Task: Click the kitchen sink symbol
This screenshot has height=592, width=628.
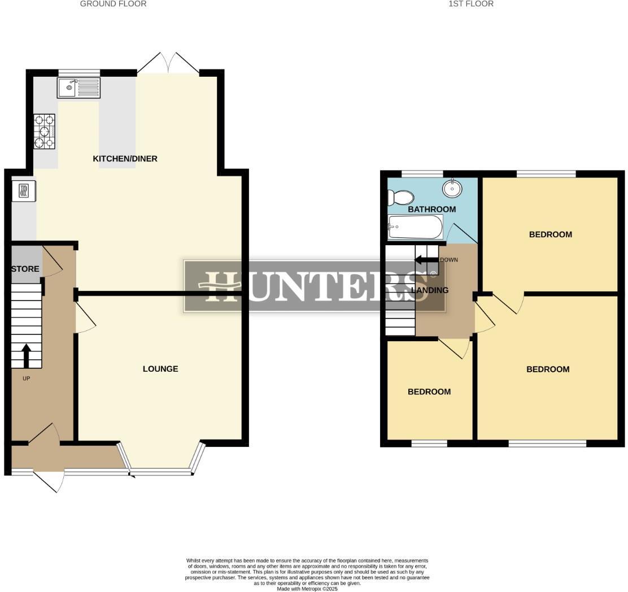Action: pyautogui.click(x=78, y=88)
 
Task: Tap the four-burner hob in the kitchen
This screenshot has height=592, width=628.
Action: pyautogui.click(x=45, y=131)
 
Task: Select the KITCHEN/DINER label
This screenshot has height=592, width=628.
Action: pyautogui.click(x=125, y=159)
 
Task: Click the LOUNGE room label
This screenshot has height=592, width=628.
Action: pyautogui.click(x=160, y=369)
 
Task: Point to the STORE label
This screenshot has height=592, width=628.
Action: pyautogui.click(x=25, y=269)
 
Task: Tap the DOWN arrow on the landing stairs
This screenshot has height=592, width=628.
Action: pyautogui.click(x=426, y=260)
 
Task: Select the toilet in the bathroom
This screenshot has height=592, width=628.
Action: pyautogui.click(x=401, y=197)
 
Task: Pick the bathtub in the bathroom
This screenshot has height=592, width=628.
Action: pyautogui.click(x=415, y=227)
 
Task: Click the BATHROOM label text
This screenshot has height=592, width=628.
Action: pyautogui.click(x=431, y=209)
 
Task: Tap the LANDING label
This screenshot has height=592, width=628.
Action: pyautogui.click(x=430, y=290)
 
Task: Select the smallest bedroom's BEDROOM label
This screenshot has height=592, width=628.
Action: pyautogui.click(x=429, y=391)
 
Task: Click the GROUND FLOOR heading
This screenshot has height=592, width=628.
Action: pyautogui.click(x=113, y=4)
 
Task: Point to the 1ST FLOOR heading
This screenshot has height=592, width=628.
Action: pyautogui.click(x=471, y=4)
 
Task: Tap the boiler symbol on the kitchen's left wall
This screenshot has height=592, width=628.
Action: pyautogui.click(x=24, y=190)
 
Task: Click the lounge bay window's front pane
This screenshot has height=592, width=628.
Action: pyautogui.click(x=161, y=470)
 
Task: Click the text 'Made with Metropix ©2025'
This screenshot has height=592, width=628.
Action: pyautogui.click(x=307, y=589)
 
